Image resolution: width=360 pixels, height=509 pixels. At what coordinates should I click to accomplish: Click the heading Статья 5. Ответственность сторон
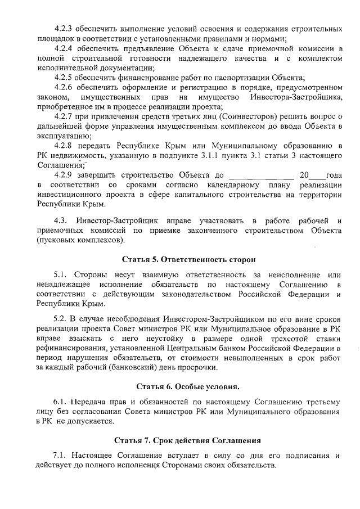pos(188,259)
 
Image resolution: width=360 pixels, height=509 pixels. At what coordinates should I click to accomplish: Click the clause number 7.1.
pos(60,454)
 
